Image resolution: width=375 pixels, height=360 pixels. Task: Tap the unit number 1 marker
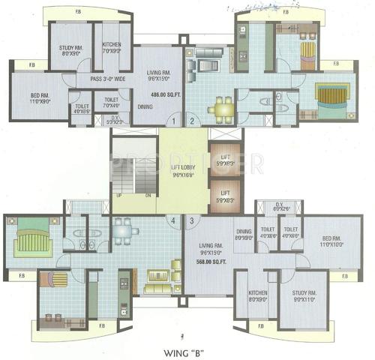(174, 121)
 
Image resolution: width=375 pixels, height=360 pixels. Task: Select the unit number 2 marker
(191, 121)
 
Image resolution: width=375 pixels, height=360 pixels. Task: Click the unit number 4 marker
(174, 220)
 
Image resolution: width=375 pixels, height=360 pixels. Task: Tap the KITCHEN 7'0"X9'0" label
(111, 48)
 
